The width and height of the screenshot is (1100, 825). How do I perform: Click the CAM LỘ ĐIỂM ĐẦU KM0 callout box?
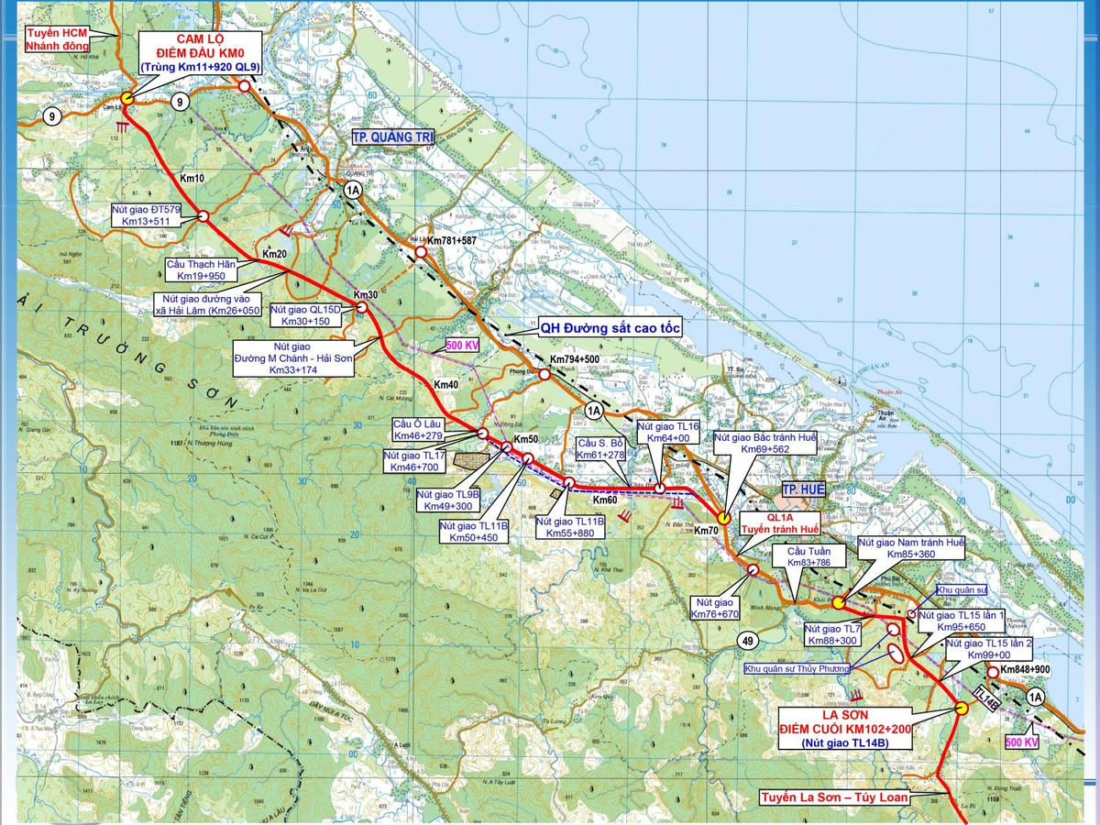click(200, 53)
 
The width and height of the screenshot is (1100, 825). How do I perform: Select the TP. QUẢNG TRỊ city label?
click(393, 137)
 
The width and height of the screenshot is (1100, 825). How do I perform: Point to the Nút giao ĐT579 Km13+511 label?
click(147, 215)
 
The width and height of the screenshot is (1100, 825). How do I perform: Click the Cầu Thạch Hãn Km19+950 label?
click(201, 269)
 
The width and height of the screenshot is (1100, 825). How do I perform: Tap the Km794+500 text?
click(575, 359)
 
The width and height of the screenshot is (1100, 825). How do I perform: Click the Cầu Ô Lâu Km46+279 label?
click(417, 428)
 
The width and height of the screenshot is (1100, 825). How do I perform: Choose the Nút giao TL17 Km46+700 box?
click(414, 461)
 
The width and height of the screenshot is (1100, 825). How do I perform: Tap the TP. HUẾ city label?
click(803, 490)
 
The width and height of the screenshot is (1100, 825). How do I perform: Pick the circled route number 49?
click(748, 641)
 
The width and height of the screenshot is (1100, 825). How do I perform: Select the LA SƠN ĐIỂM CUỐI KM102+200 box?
click(843, 729)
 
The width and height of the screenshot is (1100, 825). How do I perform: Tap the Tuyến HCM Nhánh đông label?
click(57, 38)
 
